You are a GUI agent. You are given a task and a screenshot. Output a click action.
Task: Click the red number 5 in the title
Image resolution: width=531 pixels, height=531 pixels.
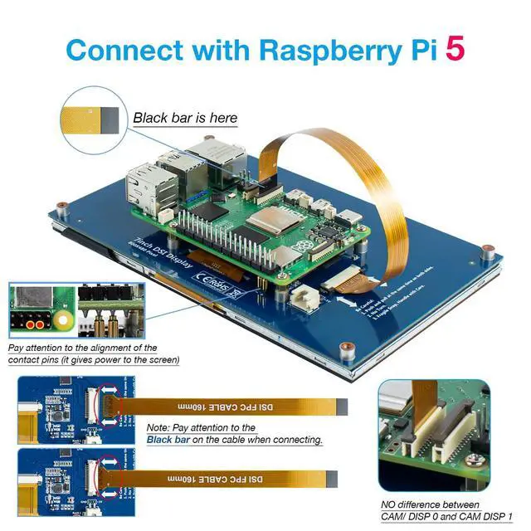tap(455, 47)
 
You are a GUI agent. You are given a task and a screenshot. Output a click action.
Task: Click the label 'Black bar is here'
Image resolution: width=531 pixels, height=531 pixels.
tap(185, 118)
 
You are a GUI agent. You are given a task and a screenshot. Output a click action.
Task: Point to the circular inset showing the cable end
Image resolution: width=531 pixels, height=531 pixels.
tap(93, 120)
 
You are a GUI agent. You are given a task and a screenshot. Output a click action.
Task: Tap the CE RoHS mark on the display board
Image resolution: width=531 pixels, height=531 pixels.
tap(214, 281)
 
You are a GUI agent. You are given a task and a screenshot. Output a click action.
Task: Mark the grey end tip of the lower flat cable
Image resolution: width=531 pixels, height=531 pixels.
tap(329, 479)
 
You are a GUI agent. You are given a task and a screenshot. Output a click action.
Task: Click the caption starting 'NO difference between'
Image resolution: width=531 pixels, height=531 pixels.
tap(430, 504)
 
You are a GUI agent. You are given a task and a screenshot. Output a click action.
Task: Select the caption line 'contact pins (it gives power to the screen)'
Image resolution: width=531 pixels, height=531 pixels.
tap(93, 360)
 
